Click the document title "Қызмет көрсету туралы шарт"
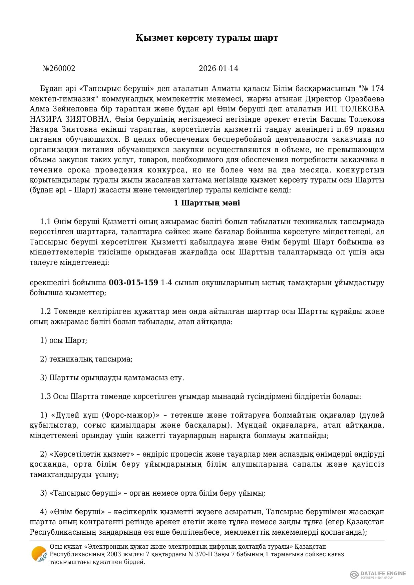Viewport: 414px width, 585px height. coord(206,38)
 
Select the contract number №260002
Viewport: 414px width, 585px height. coord(59,69)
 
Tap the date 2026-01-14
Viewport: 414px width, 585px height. coord(219,69)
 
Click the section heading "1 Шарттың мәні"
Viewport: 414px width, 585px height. coord(207,203)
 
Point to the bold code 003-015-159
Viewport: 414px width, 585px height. coord(133,283)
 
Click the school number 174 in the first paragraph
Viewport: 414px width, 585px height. coord(377,89)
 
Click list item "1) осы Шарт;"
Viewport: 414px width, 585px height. coord(63,341)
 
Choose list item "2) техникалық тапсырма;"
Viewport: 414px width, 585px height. coord(86,359)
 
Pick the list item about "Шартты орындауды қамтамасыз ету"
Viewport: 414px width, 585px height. coord(112,378)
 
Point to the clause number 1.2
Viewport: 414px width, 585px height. coord(45,312)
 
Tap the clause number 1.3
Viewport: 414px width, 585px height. coord(45,397)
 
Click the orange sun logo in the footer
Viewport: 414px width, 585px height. coord(39,554)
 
